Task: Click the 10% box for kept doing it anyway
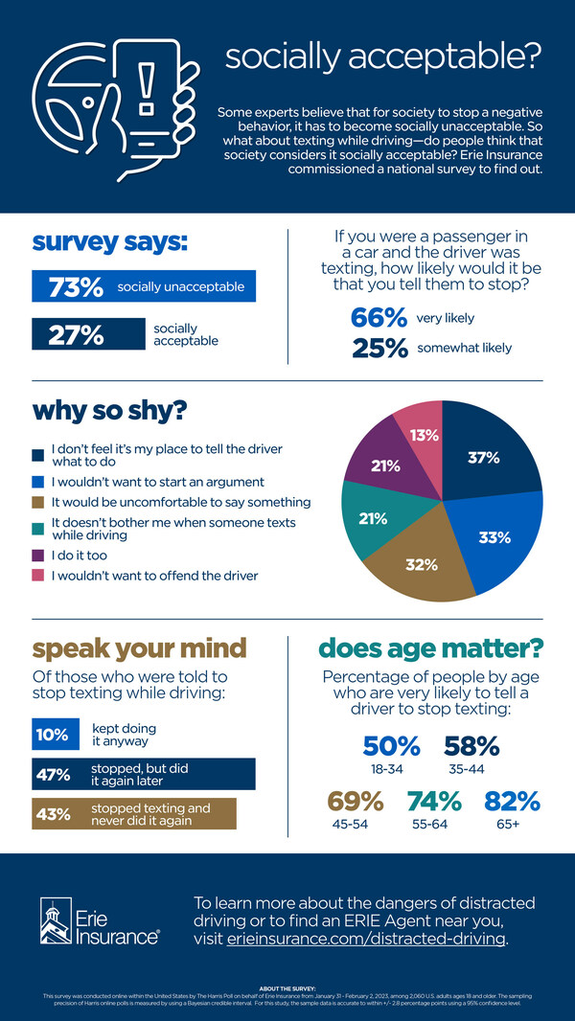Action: [53, 736]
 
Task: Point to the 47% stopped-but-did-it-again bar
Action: [144, 774]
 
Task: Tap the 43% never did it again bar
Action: [134, 814]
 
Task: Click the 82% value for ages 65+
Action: [512, 801]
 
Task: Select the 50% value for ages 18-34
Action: [392, 745]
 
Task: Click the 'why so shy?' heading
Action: [109, 411]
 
